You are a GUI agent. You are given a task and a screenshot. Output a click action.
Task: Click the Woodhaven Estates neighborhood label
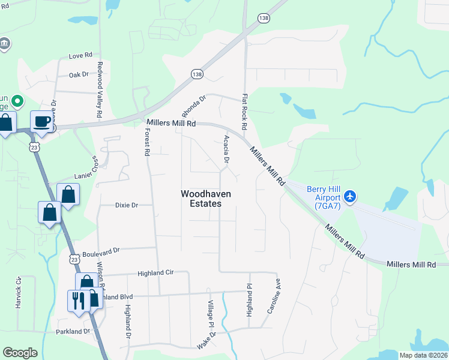[x=201, y=199]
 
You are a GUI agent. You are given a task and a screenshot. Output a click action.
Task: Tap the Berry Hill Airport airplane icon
[x=351, y=196]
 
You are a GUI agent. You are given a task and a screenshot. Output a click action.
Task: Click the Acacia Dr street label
[x=226, y=149]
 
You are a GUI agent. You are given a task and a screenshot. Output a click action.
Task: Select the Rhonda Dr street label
[x=194, y=106]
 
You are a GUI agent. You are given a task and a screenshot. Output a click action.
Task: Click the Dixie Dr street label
[x=127, y=205]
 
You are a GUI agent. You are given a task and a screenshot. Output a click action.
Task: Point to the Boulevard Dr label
[x=101, y=251]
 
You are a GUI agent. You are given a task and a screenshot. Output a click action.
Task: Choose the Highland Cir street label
[x=155, y=273]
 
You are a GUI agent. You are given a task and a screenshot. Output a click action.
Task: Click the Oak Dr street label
[x=78, y=75]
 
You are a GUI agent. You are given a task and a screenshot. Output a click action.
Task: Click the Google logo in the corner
[x=20, y=353]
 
